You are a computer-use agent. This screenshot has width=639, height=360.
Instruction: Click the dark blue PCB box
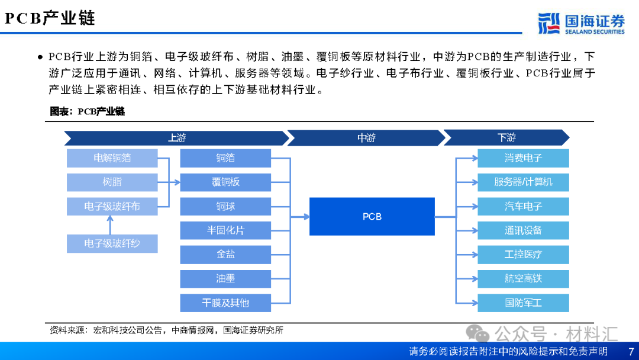tap(372, 216)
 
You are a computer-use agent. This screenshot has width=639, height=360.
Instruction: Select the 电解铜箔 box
tap(112, 158)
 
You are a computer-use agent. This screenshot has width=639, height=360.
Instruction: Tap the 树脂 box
tap(112, 182)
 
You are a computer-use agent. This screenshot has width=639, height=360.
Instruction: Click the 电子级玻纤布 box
tap(112, 207)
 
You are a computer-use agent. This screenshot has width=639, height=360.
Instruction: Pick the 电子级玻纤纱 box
tap(112, 243)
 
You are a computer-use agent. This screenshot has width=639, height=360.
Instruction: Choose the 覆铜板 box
tap(225, 182)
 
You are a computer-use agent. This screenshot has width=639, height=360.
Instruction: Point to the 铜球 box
tap(225, 207)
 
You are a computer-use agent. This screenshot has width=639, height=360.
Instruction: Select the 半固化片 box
tap(225, 230)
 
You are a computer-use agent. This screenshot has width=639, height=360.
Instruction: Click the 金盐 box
tap(225, 255)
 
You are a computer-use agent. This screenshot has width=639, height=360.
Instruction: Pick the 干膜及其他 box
tap(225, 303)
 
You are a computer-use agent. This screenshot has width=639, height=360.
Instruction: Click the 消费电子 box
tap(523, 158)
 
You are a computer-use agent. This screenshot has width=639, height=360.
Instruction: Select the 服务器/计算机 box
tap(523, 182)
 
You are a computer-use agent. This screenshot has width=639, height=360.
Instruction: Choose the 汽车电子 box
tap(523, 207)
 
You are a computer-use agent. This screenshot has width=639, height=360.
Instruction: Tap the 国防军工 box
tap(523, 303)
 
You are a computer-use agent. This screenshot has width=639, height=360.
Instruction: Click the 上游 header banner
tap(176, 138)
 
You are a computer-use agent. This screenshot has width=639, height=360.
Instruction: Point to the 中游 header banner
tap(366, 138)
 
